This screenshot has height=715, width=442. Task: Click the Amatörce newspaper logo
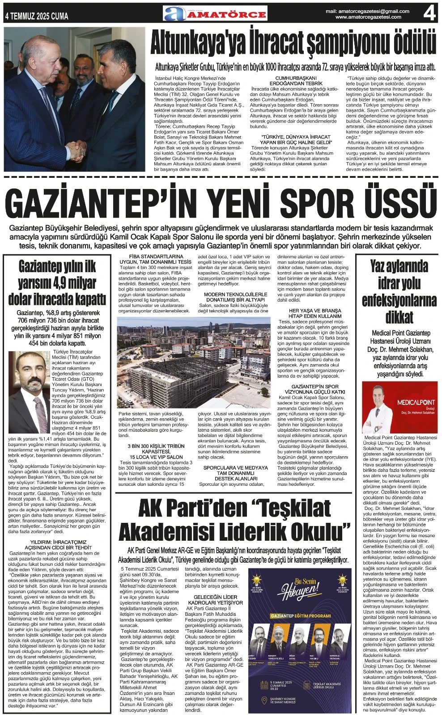coord(215,13)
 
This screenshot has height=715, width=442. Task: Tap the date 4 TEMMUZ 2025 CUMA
coord(37,16)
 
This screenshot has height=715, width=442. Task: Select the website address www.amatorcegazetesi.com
coord(368,17)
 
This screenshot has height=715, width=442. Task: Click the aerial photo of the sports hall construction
coord(193,362)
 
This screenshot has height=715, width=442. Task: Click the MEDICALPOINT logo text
coord(416,402)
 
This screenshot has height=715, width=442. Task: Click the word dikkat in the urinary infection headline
coord(399,317)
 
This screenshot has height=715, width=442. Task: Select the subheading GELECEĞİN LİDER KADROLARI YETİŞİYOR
coord(215,600)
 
